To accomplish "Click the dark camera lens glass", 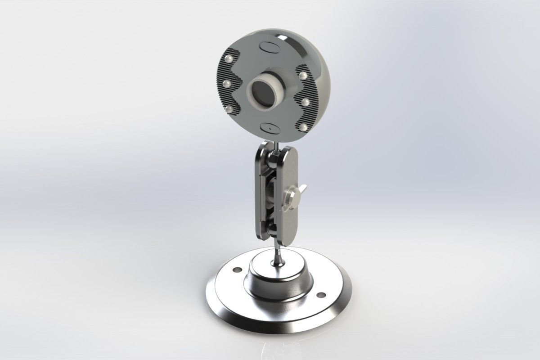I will click(x=260, y=93).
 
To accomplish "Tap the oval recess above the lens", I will click(x=270, y=48).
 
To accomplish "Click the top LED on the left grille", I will click(x=230, y=58).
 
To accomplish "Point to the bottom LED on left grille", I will click(x=230, y=109).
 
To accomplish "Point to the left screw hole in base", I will click(x=235, y=270).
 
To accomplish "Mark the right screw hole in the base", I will click(x=321, y=295).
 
